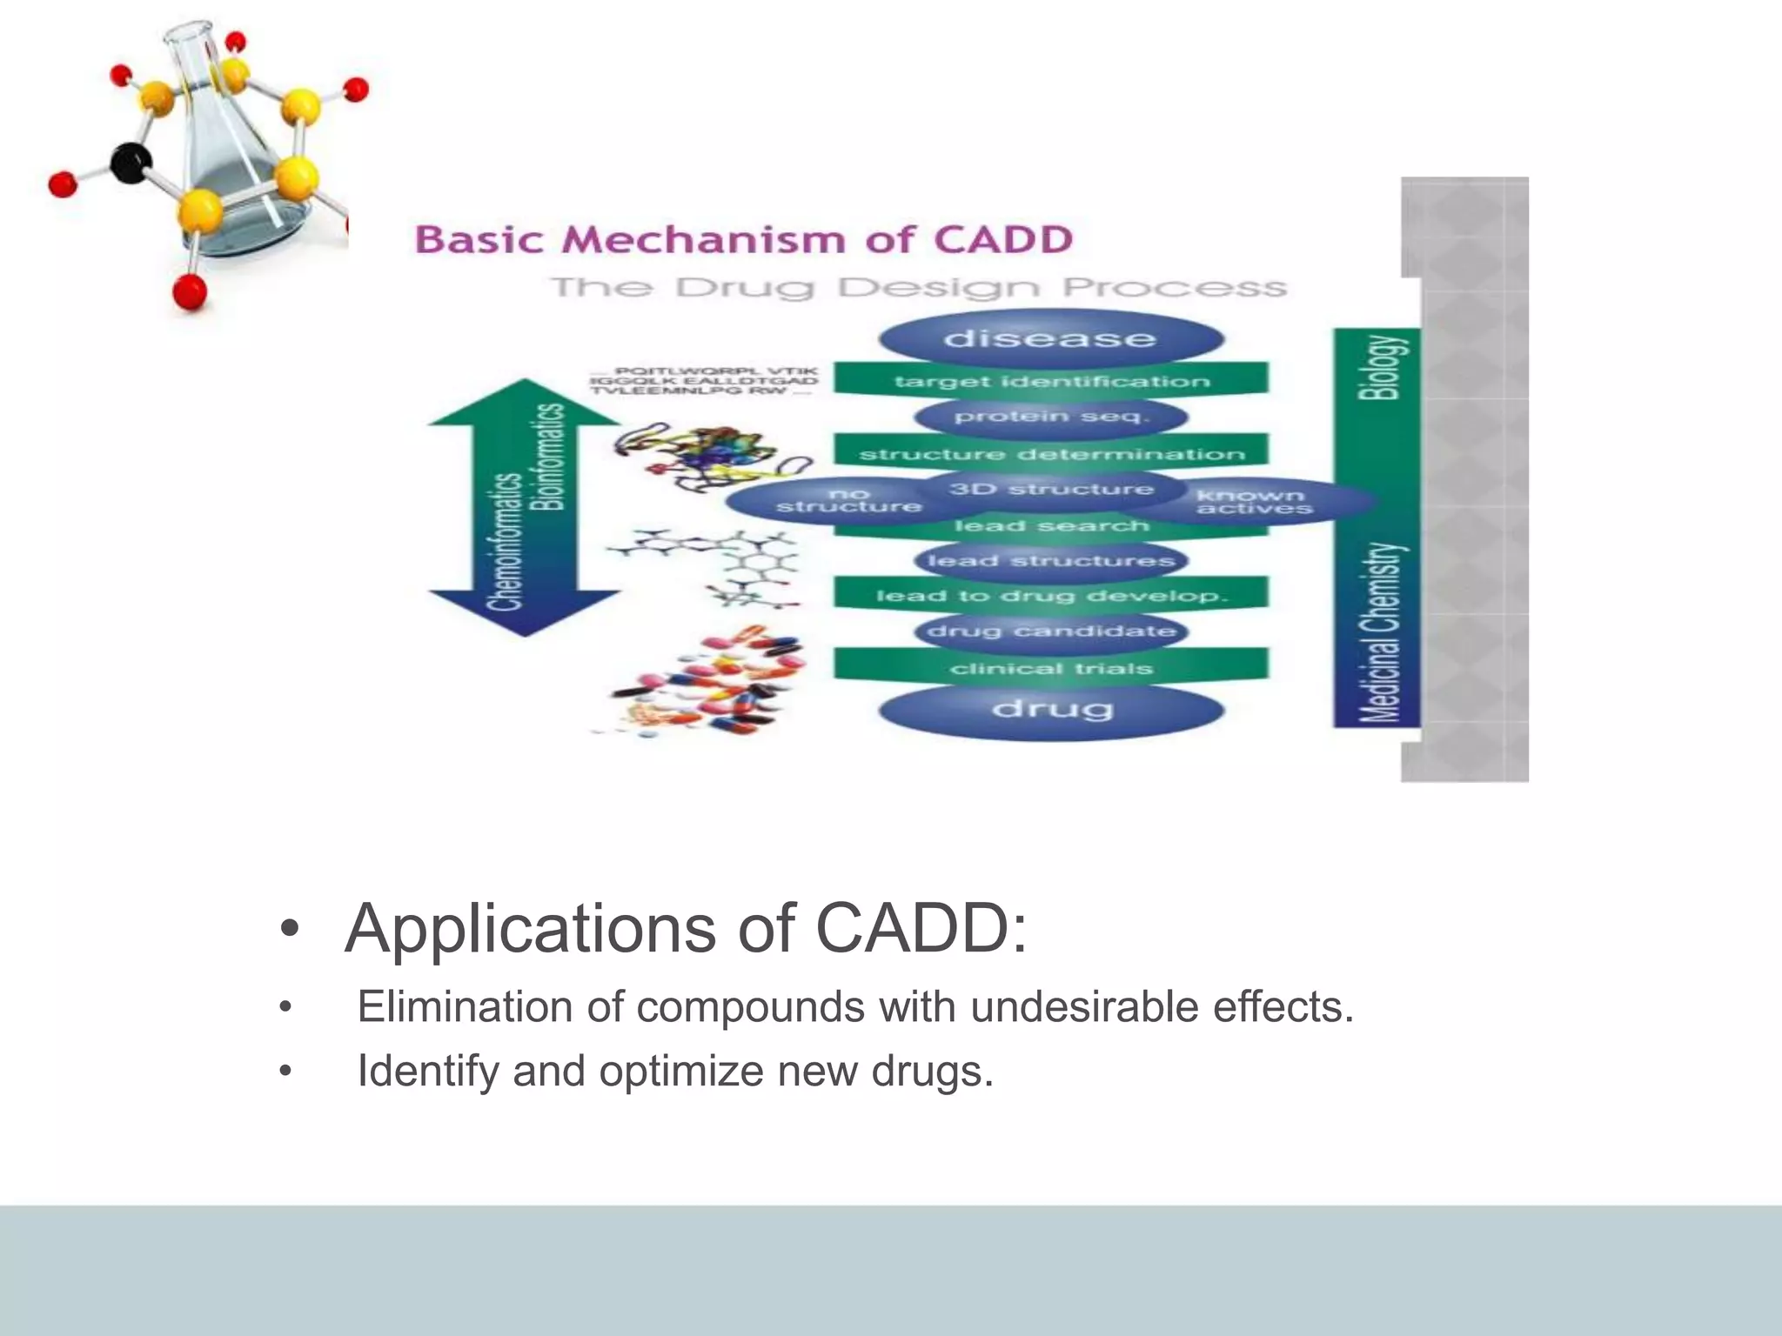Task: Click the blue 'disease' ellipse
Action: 1050,338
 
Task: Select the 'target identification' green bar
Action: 1050,381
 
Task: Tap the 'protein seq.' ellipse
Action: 1050,417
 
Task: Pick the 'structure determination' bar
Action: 1050,453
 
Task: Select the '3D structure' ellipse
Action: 1050,489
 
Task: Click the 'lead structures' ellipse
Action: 1050,561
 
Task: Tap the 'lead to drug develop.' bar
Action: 1050,596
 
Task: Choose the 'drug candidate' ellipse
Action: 1050,631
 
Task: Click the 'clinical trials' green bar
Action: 1050,668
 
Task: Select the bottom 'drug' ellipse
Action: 1050,710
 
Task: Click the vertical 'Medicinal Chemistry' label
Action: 1382,633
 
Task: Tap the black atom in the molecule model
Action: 131,164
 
